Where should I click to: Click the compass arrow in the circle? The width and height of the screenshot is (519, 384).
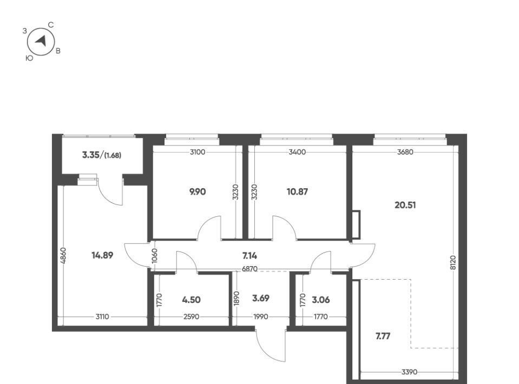click(x=41, y=41)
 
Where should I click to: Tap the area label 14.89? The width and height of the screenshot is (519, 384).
click(x=102, y=255)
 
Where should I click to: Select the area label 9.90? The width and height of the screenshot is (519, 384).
click(x=198, y=192)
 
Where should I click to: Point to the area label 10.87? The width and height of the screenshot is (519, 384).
click(x=297, y=192)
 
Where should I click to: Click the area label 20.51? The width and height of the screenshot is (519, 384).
click(x=405, y=205)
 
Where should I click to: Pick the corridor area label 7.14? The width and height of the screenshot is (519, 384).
click(x=249, y=256)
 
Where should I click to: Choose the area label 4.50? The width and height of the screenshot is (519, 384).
click(x=192, y=300)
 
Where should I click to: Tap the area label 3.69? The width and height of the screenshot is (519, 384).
click(x=261, y=299)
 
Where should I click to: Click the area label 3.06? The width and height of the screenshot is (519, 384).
click(x=321, y=300)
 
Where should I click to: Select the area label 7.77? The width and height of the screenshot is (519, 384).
click(x=383, y=336)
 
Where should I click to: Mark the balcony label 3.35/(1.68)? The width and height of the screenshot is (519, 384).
click(x=102, y=155)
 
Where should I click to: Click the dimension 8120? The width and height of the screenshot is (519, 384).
click(x=453, y=263)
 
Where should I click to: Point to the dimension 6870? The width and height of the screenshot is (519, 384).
click(x=249, y=269)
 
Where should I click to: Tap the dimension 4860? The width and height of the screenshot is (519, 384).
click(x=64, y=255)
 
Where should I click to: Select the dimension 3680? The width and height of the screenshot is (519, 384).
click(x=405, y=152)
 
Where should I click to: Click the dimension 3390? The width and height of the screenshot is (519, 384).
click(x=409, y=372)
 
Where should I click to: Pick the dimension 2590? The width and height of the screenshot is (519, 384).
click(x=192, y=317)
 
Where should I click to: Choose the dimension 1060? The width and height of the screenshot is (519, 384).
click(x=154, y=256)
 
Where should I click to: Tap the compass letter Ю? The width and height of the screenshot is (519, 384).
click(x=29, y=58)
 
